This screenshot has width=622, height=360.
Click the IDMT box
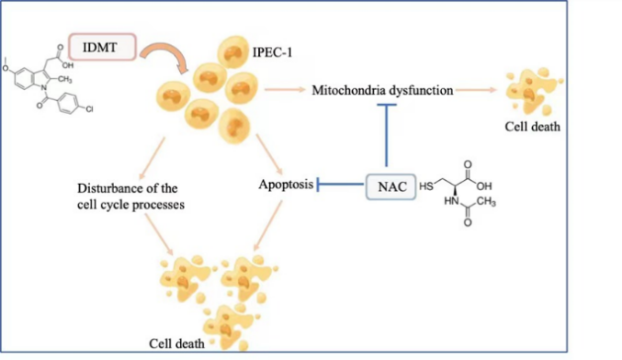pos(102,47)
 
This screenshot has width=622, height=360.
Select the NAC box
pos(390,186)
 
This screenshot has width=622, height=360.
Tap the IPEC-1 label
pos(273,52)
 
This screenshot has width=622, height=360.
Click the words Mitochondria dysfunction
pos(382,90)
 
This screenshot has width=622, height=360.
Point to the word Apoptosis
pos(286,185)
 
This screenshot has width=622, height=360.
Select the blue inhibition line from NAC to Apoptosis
pos(340,184)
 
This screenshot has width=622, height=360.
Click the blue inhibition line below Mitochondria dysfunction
pos(387,135)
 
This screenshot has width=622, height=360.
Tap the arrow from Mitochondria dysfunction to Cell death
pos(476,90)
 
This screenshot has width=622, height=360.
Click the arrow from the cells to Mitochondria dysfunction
pos(285,90)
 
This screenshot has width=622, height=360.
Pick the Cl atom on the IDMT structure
pos(89,108)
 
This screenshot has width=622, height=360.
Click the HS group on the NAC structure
pos(426,186)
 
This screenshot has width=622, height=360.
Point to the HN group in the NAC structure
pos(451,201)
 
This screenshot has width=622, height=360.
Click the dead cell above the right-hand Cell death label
pos(532,91)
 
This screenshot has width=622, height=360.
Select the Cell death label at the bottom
pos(176,343)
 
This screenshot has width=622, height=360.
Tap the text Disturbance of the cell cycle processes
pos(130,197)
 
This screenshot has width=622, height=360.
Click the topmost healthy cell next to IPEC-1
pos(232,51)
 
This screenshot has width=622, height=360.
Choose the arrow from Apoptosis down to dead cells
pos(267,226)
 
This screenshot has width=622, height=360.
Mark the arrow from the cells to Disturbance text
pos(152,159)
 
